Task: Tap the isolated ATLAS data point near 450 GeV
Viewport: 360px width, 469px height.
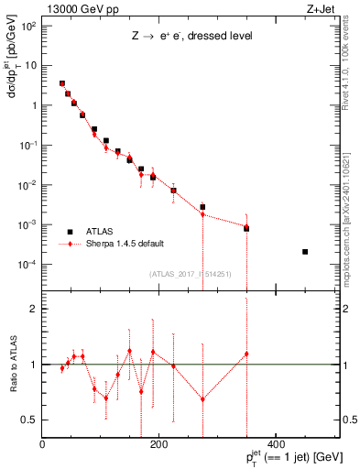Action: (305, 252)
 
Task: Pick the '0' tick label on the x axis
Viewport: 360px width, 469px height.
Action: (42, 446)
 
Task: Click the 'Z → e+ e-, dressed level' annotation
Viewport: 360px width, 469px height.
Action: (191, 38)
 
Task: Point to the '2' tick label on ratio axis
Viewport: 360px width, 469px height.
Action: (33, 309)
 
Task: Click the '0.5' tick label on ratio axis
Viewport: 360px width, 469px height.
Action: (29, 420)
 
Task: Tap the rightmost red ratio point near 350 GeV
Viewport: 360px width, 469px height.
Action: (246, 354)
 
